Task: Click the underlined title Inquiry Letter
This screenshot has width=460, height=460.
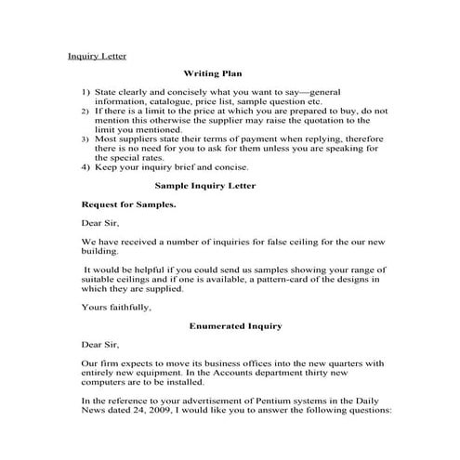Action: click(97, 56)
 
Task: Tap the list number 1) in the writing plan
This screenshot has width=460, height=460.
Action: click(85, 93)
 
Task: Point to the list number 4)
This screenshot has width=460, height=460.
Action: click(85, 168)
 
